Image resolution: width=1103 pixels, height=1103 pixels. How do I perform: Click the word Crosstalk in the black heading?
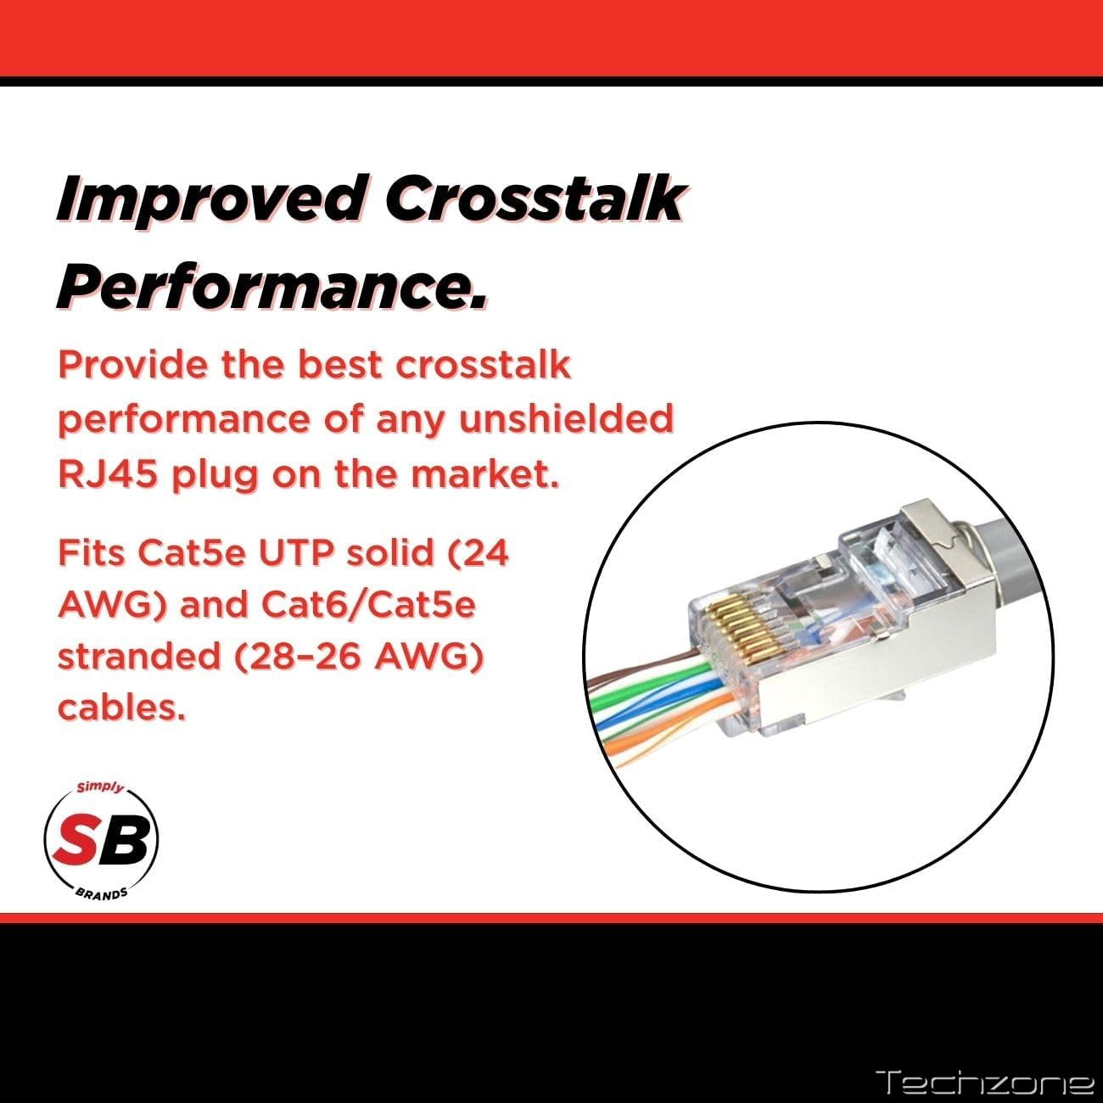click(x=535, y=198)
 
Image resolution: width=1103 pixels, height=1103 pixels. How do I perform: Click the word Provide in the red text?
click(x=133, y=365)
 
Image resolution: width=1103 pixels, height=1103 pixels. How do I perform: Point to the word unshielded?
click(x=566, y=419)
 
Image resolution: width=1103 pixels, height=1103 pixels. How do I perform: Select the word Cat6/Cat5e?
click(x=368, y=604)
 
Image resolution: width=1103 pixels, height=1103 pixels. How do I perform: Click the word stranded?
click(x=139, y=655)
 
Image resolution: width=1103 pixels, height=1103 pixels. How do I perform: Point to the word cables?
click(x=122, y=708)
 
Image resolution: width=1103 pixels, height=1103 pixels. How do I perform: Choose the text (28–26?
click(x=297, y=656)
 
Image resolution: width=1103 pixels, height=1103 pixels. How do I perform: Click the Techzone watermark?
click(x=984, y=1082)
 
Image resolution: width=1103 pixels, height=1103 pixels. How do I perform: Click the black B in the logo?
click(x=127, y=839)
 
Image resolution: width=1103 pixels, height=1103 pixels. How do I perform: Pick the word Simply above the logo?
click(x=101, y=787)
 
